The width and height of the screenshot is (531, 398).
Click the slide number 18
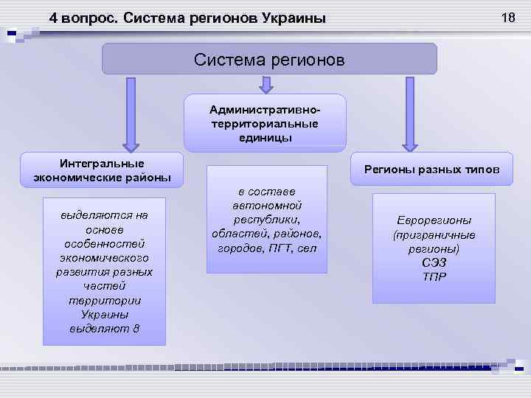507,17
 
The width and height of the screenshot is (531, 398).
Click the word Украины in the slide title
293,18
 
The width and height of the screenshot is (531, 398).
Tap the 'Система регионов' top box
269,58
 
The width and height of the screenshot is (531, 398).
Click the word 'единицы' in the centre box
265,137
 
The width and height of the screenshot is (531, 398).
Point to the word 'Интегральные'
102,163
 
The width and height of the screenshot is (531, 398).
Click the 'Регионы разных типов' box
432,170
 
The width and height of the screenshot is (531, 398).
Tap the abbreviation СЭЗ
434,263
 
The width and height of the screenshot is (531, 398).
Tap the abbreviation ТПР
434,277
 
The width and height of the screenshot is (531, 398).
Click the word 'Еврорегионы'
434,220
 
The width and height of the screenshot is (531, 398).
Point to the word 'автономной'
266,206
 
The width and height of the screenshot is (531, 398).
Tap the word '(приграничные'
434,235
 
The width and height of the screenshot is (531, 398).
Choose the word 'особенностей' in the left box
104,243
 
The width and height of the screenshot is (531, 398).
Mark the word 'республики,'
266,220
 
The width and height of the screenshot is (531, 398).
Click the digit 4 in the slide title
53,18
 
